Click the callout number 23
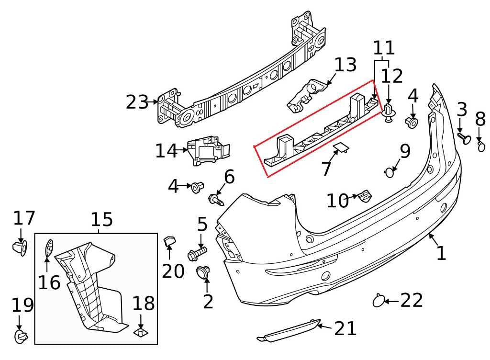click(x=137, y=102)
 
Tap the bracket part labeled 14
click(x=207, y=151)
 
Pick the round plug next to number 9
click(x=390, y=171)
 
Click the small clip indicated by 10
click(x=365, y=195)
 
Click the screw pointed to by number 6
click(x=216, y=198)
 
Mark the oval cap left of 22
click(x=379, y=301)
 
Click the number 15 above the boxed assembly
click(x=101, y=220)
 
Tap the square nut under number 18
click(x=140, y=332)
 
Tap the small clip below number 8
click(x=480, y=146)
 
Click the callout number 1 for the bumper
click(x=441, y=252)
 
